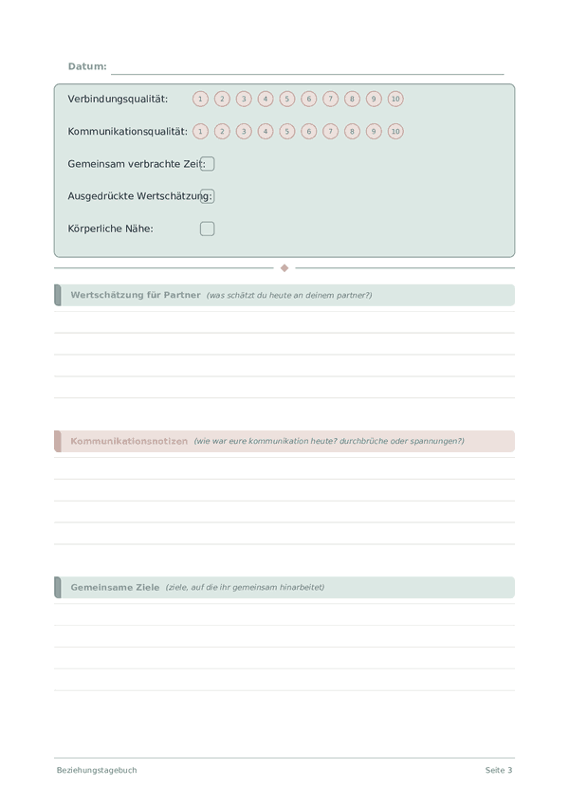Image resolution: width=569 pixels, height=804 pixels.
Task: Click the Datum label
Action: (x=87, y=66)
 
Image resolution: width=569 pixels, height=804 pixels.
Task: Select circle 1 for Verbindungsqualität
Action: (x=200, y=99)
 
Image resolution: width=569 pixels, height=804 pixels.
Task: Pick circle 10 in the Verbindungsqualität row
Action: (x=395, y=99)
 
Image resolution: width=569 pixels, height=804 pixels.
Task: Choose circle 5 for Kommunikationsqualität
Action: (x=287, y=132)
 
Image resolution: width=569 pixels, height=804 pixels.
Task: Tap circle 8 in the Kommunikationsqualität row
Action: (x=352, y=132)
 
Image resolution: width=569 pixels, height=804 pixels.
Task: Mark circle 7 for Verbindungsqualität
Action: (x=330, y=99)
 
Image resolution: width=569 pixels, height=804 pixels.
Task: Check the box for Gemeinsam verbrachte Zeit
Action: (x=208, y=164)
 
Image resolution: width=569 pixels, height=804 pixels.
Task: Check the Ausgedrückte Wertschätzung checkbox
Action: (x=208, y=196)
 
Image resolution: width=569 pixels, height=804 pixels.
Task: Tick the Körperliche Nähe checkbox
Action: (x=208, y=228)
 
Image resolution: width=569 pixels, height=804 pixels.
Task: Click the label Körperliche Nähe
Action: (x=110, y=228)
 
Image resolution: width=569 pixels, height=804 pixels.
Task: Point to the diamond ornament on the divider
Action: (x=284, y=268)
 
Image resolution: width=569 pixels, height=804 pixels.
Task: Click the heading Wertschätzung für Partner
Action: (x=136, y=295)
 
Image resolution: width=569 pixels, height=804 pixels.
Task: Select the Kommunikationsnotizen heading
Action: (x=129, y=441)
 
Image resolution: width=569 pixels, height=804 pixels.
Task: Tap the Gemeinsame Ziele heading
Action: (x=115, y=587)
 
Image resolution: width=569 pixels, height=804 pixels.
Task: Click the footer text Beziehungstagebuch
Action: (x=97, y=770)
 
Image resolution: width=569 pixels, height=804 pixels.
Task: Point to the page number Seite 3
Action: (x=499, y=770)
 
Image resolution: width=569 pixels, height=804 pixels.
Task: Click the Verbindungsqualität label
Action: (x=118, y=99)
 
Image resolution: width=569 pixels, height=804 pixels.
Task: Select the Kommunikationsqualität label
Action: (x=127, y=132)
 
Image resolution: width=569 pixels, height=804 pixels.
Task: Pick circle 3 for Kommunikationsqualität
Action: (x=244, y=132)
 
